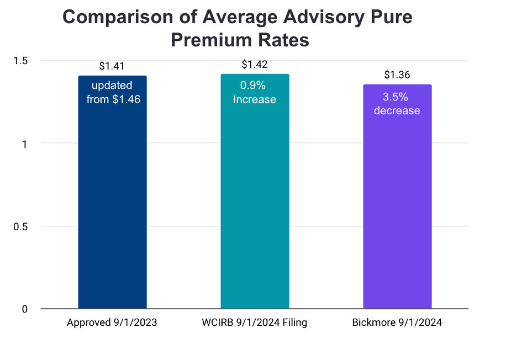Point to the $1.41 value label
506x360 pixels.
click(112, 66)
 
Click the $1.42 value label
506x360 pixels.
click(255, 65)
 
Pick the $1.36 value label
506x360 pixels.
click(397, 75)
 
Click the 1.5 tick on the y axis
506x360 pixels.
click(20, 60)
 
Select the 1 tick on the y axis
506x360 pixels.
click(24, 144)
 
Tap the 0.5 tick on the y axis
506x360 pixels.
click(20, 226)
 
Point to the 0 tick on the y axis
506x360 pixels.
click(24, 309)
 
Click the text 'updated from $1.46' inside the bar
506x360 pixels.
click(112, 93)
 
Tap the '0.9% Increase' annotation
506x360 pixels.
click(255, 92)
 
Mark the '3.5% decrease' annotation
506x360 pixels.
click(397, 104)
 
